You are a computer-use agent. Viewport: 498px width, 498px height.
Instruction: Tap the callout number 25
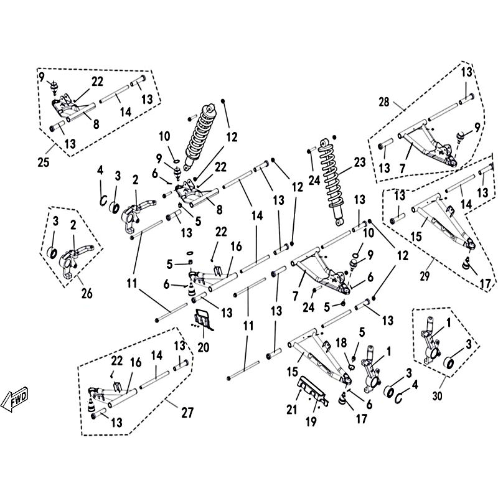coord(44,162)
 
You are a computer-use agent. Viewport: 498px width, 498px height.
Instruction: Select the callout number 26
coord(87,293)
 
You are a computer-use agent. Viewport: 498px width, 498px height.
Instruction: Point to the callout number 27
coord(187,413)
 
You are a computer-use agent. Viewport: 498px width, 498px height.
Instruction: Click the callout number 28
coord(383,102)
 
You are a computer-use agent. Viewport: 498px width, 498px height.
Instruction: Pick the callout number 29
coord(425,276)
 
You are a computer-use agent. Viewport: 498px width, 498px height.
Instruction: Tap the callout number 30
coord(438,396)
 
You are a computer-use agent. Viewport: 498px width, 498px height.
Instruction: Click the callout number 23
coord(360,162)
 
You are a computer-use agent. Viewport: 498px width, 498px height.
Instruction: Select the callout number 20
coord(204,347)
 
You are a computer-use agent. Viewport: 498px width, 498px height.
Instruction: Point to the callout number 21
coord(292,410)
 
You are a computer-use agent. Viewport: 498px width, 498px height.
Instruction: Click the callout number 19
coord(311,421)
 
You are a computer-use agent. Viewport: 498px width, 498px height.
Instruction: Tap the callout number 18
coord(341,343)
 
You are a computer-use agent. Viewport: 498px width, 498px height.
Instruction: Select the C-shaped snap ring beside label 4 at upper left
coord(103,200)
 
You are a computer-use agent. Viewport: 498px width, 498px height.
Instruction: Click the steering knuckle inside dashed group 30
coord(431,341)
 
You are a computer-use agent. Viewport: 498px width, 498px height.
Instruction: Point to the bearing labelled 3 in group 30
coord(448,362)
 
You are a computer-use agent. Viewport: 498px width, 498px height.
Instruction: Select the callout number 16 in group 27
coord(136,362)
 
